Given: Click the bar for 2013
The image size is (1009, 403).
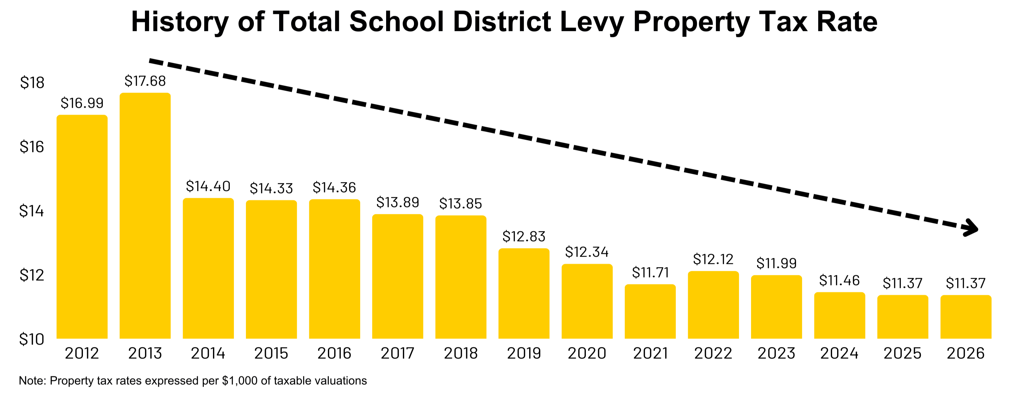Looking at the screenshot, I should click(145, 215).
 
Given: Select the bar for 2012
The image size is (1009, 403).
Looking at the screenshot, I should click(82, 227).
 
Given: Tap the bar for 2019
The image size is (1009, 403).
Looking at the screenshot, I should click(524, 293).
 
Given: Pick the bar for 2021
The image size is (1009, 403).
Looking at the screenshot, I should click(650, 311).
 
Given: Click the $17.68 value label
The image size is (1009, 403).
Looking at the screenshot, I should click(145, 81).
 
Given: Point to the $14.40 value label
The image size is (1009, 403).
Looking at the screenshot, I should click(208, 186).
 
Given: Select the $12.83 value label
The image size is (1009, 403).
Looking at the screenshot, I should click(524, 236).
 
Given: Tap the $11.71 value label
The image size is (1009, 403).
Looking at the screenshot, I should click(650, 272).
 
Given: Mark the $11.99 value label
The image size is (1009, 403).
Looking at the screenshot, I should click(776, 263).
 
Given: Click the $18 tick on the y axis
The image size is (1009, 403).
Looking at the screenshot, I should click(32, 82).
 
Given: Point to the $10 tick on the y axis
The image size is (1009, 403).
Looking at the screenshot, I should click(32, 339).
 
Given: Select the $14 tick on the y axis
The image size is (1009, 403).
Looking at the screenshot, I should click(32, 211).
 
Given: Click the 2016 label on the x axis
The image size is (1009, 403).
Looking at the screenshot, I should click(334, 353).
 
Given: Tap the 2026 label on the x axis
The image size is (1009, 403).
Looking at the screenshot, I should click(966, 353).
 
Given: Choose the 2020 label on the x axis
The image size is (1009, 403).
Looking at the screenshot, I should click(587, 353).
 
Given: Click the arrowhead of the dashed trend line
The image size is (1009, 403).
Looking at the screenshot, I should click(972, 228).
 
